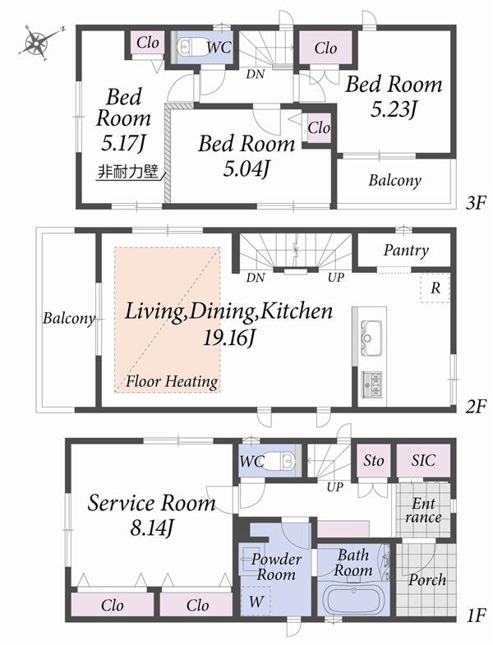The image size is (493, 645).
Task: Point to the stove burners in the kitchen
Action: pyautogui.click(x=371, y=383)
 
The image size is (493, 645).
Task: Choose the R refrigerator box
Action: pyautogui.click(x=434, y=288)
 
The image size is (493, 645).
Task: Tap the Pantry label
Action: pyautogui.click(x=404, y=251)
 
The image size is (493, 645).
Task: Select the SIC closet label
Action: pyautogui.click(x=423, y=461)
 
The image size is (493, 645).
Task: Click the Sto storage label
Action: pyautogui.click(x=374, y=461)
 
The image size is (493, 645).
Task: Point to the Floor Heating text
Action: pyautogui.click(x=172, y=381)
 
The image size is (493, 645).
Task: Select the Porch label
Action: pyautogui.click(x=427, y=580)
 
